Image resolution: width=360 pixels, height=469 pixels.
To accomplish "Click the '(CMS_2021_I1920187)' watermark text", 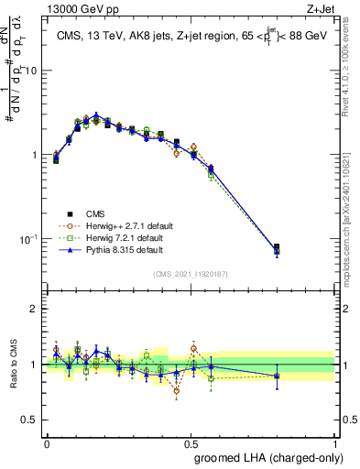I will tap(191, 274).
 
